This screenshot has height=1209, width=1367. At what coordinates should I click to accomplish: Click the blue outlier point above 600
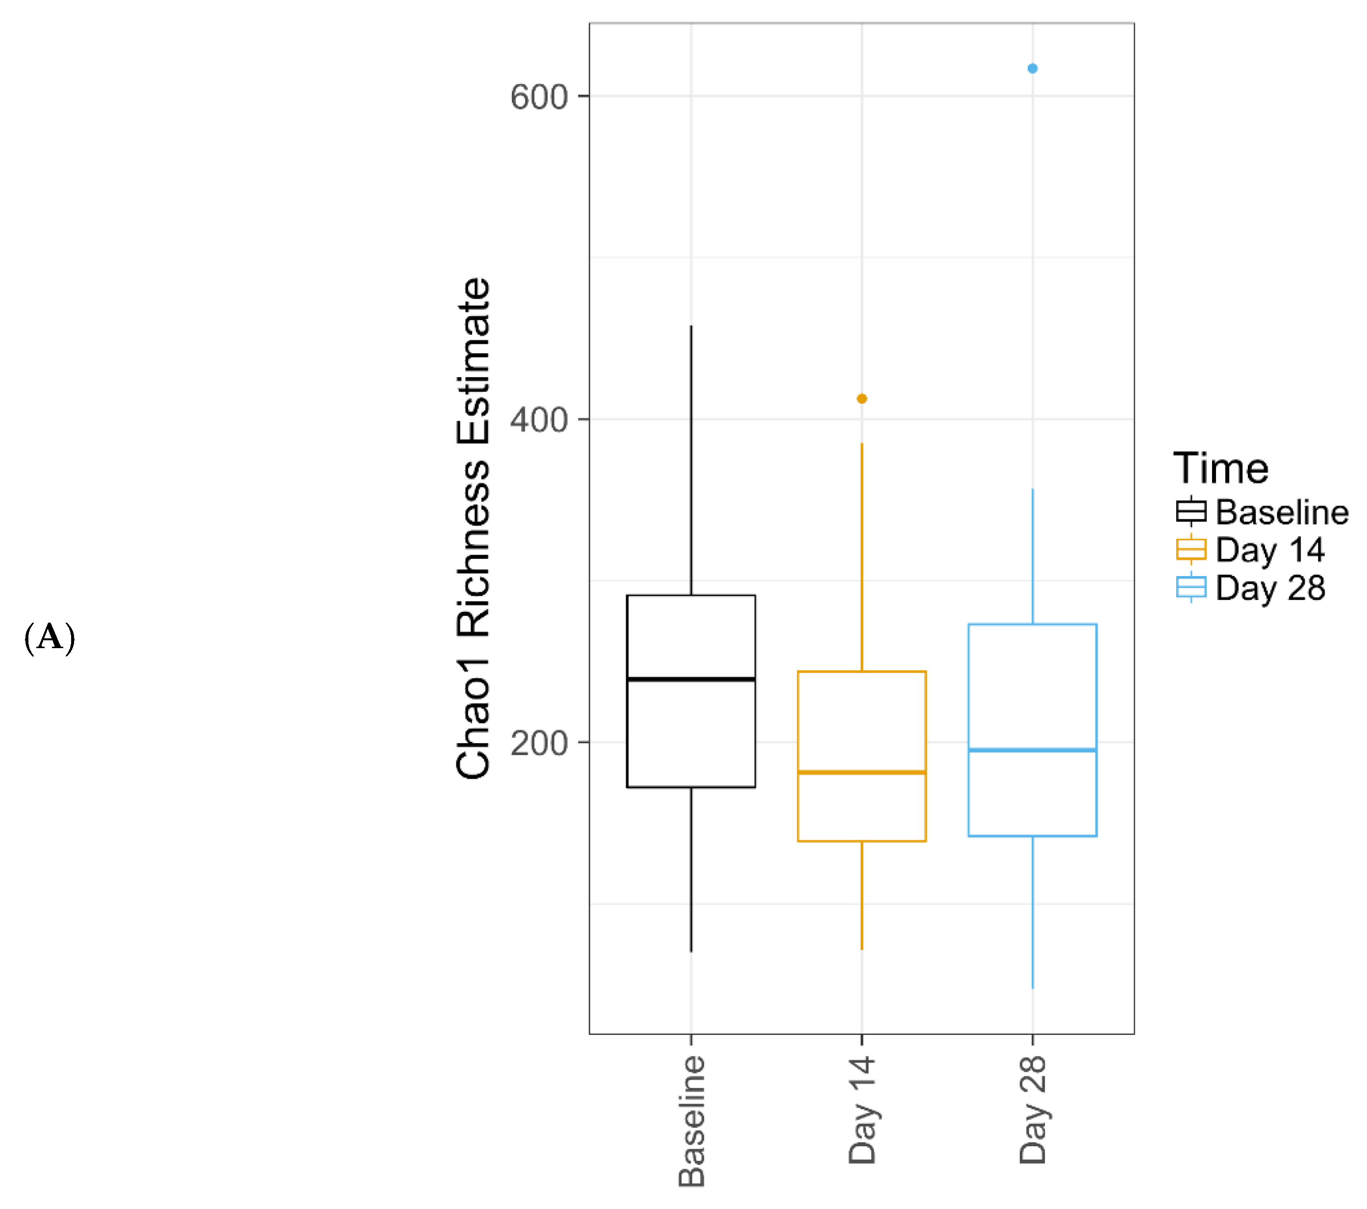point(1032,68)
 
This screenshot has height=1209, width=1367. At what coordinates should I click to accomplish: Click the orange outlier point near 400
point(861,399)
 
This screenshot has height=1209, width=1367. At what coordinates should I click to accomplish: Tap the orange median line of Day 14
point(861,772)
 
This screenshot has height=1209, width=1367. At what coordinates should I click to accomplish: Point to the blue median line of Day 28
point(1032,750)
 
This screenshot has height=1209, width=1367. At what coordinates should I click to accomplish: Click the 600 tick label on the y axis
point(538,97)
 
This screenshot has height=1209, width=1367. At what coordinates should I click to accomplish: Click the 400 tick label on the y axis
point(538,420)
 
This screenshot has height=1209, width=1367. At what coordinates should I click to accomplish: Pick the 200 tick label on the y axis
point(538,743)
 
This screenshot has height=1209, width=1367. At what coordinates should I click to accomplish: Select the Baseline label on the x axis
point(691,1121)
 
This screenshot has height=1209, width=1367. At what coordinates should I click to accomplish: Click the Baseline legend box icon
point(1191,512)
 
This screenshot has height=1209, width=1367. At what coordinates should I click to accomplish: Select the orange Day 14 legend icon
point(1191,550)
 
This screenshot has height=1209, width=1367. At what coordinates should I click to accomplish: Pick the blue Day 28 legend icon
point(1191,588)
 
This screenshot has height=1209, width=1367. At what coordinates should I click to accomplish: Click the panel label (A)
point(50,637)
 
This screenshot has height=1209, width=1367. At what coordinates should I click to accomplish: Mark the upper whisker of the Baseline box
point(691,461)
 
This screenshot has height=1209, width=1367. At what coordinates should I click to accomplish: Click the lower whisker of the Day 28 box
point(1032,913)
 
